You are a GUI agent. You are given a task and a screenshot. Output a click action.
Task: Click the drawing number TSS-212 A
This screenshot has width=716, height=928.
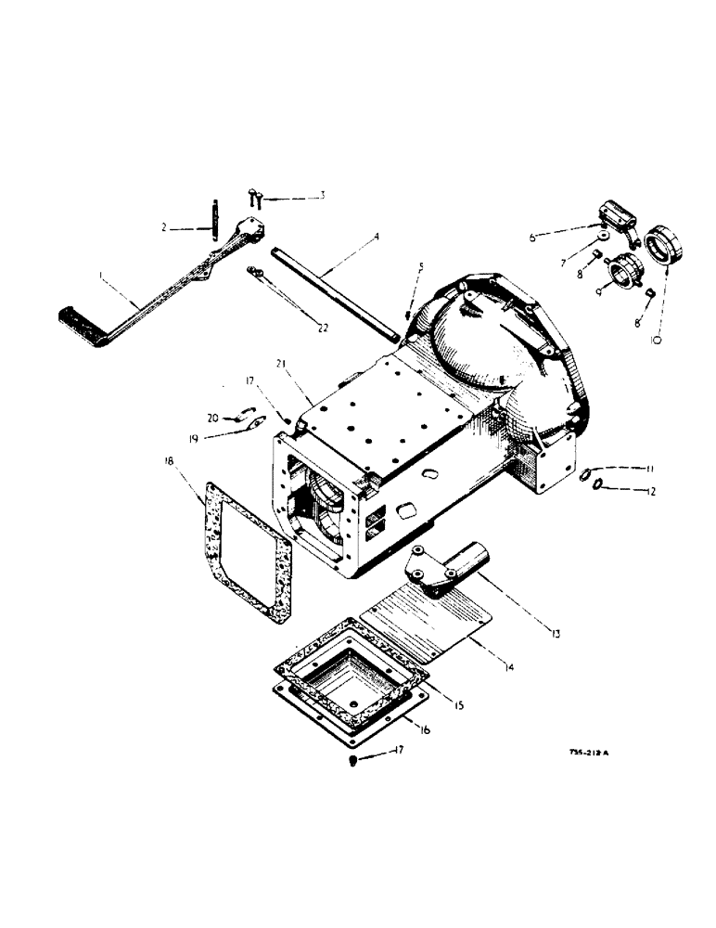pyautogui.click(x=588, y=754)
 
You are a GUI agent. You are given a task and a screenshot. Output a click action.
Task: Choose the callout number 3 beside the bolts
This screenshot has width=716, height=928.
pyautogui.click(x=321, y=195)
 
